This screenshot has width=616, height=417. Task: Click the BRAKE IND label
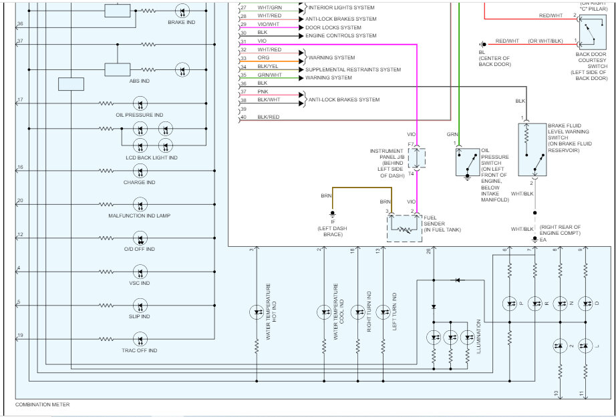tap(182, 22)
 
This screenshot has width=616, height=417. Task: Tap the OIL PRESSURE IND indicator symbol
tap(140, 103)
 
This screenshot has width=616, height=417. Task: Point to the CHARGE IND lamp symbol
tap(140, 171)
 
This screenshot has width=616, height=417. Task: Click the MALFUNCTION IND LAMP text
tap(139, 216)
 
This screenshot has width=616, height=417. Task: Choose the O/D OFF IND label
tap(139, 249)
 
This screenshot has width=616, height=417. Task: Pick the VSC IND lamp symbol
tap(140, 272)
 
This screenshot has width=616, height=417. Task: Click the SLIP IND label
tap(139, 316)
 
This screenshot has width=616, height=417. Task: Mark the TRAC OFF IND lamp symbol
tap(140, 339)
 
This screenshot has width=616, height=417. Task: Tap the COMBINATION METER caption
tap(42, 404)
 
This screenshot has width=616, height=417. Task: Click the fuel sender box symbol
tap(406, 228)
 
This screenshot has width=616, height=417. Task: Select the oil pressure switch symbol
tap(468, 161)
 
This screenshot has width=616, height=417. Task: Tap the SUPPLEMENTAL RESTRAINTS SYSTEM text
tap(353, 69)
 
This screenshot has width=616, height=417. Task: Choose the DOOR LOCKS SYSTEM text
tap(333, 27)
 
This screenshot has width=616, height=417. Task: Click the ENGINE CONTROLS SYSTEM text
tap(341, 35)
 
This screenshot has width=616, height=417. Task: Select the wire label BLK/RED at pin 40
tap(269, 117)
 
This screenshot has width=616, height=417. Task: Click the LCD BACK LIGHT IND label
tap(152, 157)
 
